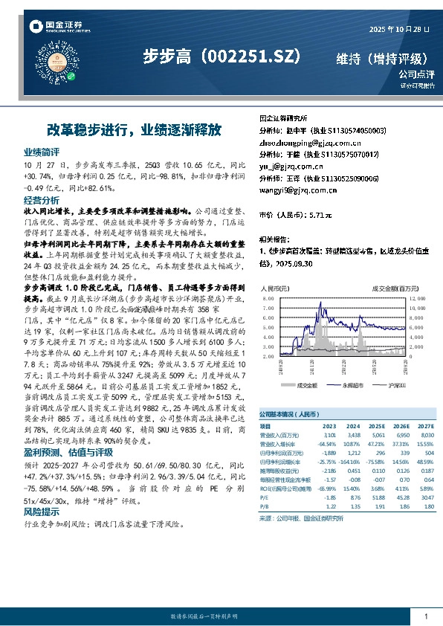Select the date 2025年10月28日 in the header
(399, 29)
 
